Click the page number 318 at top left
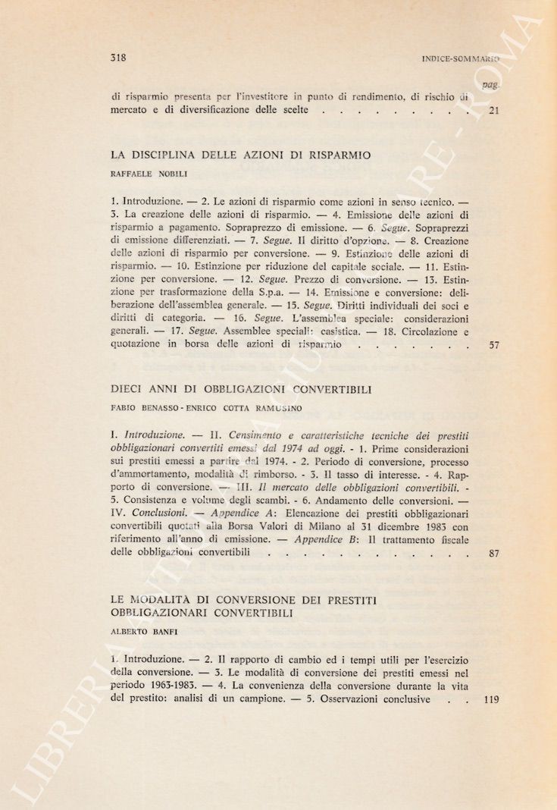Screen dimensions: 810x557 click(x=117, y=57)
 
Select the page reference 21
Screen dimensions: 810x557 click(x=493, y=111)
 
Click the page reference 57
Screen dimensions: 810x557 click(x=493, y=346)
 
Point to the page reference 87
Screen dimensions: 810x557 click(x=493, y=554)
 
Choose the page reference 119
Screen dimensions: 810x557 click(x=491, y=700)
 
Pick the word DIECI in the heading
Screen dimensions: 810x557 click(x=127, y=390)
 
